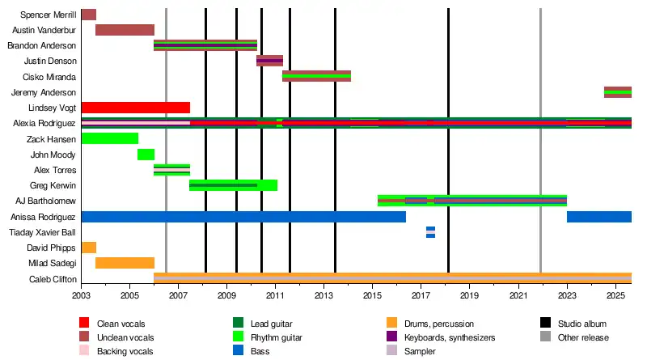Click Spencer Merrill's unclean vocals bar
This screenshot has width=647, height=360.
89,15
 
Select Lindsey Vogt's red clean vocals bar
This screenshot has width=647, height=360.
136,108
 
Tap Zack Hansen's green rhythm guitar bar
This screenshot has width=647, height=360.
110,138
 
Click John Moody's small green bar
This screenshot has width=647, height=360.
146,155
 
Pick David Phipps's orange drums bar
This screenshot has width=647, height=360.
89,248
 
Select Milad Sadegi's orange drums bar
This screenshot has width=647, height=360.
125,263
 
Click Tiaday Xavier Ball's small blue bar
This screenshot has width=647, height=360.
430,232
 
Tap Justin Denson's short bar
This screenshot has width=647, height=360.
269,61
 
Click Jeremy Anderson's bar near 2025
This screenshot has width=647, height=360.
618,92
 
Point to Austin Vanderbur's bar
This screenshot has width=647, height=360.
125,30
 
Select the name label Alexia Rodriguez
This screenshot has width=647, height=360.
45,124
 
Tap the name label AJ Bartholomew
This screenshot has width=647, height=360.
46,201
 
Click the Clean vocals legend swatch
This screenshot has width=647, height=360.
85,324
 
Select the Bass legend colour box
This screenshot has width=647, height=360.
239,351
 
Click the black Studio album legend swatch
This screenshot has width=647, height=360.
547,324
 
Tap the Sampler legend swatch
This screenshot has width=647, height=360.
392,351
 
